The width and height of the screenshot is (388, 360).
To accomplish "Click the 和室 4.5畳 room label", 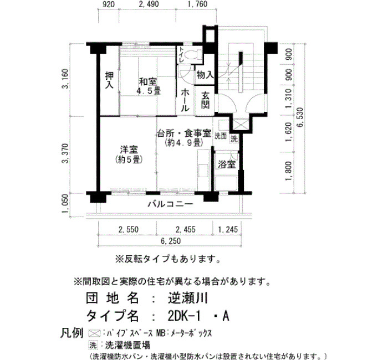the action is (148, 86).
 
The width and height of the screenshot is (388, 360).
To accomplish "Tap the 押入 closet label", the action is (109, 80).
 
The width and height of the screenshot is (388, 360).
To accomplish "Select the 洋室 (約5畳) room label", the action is (129, 155).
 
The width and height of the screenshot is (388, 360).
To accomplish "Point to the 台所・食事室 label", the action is (185, 133).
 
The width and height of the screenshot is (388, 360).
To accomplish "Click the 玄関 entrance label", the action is (205, 100).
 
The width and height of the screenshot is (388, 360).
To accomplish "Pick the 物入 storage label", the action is (205, 74).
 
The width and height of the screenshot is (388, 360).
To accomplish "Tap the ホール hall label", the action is (185, 100).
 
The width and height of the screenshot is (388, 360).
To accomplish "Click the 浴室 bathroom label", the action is (226, 164).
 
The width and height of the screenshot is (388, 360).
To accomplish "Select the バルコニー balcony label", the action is (171, 204).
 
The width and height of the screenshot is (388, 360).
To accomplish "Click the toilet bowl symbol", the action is (193, 54).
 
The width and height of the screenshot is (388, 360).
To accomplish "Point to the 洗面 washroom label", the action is (221, 136).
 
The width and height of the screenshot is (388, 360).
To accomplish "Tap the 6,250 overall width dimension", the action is (171, 240).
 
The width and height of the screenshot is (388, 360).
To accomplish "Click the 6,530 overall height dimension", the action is (300, 117).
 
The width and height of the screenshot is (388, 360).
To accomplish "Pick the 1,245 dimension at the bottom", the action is (228, 229).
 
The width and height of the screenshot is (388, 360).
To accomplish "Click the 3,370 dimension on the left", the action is (65, 153).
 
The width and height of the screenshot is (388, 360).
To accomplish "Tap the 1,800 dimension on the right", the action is (289, 171).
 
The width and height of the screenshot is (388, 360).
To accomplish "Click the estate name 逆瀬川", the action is (188, 298).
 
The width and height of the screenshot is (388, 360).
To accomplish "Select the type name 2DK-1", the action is (183, 316).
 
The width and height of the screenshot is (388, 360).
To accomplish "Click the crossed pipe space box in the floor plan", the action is (240, 125).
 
